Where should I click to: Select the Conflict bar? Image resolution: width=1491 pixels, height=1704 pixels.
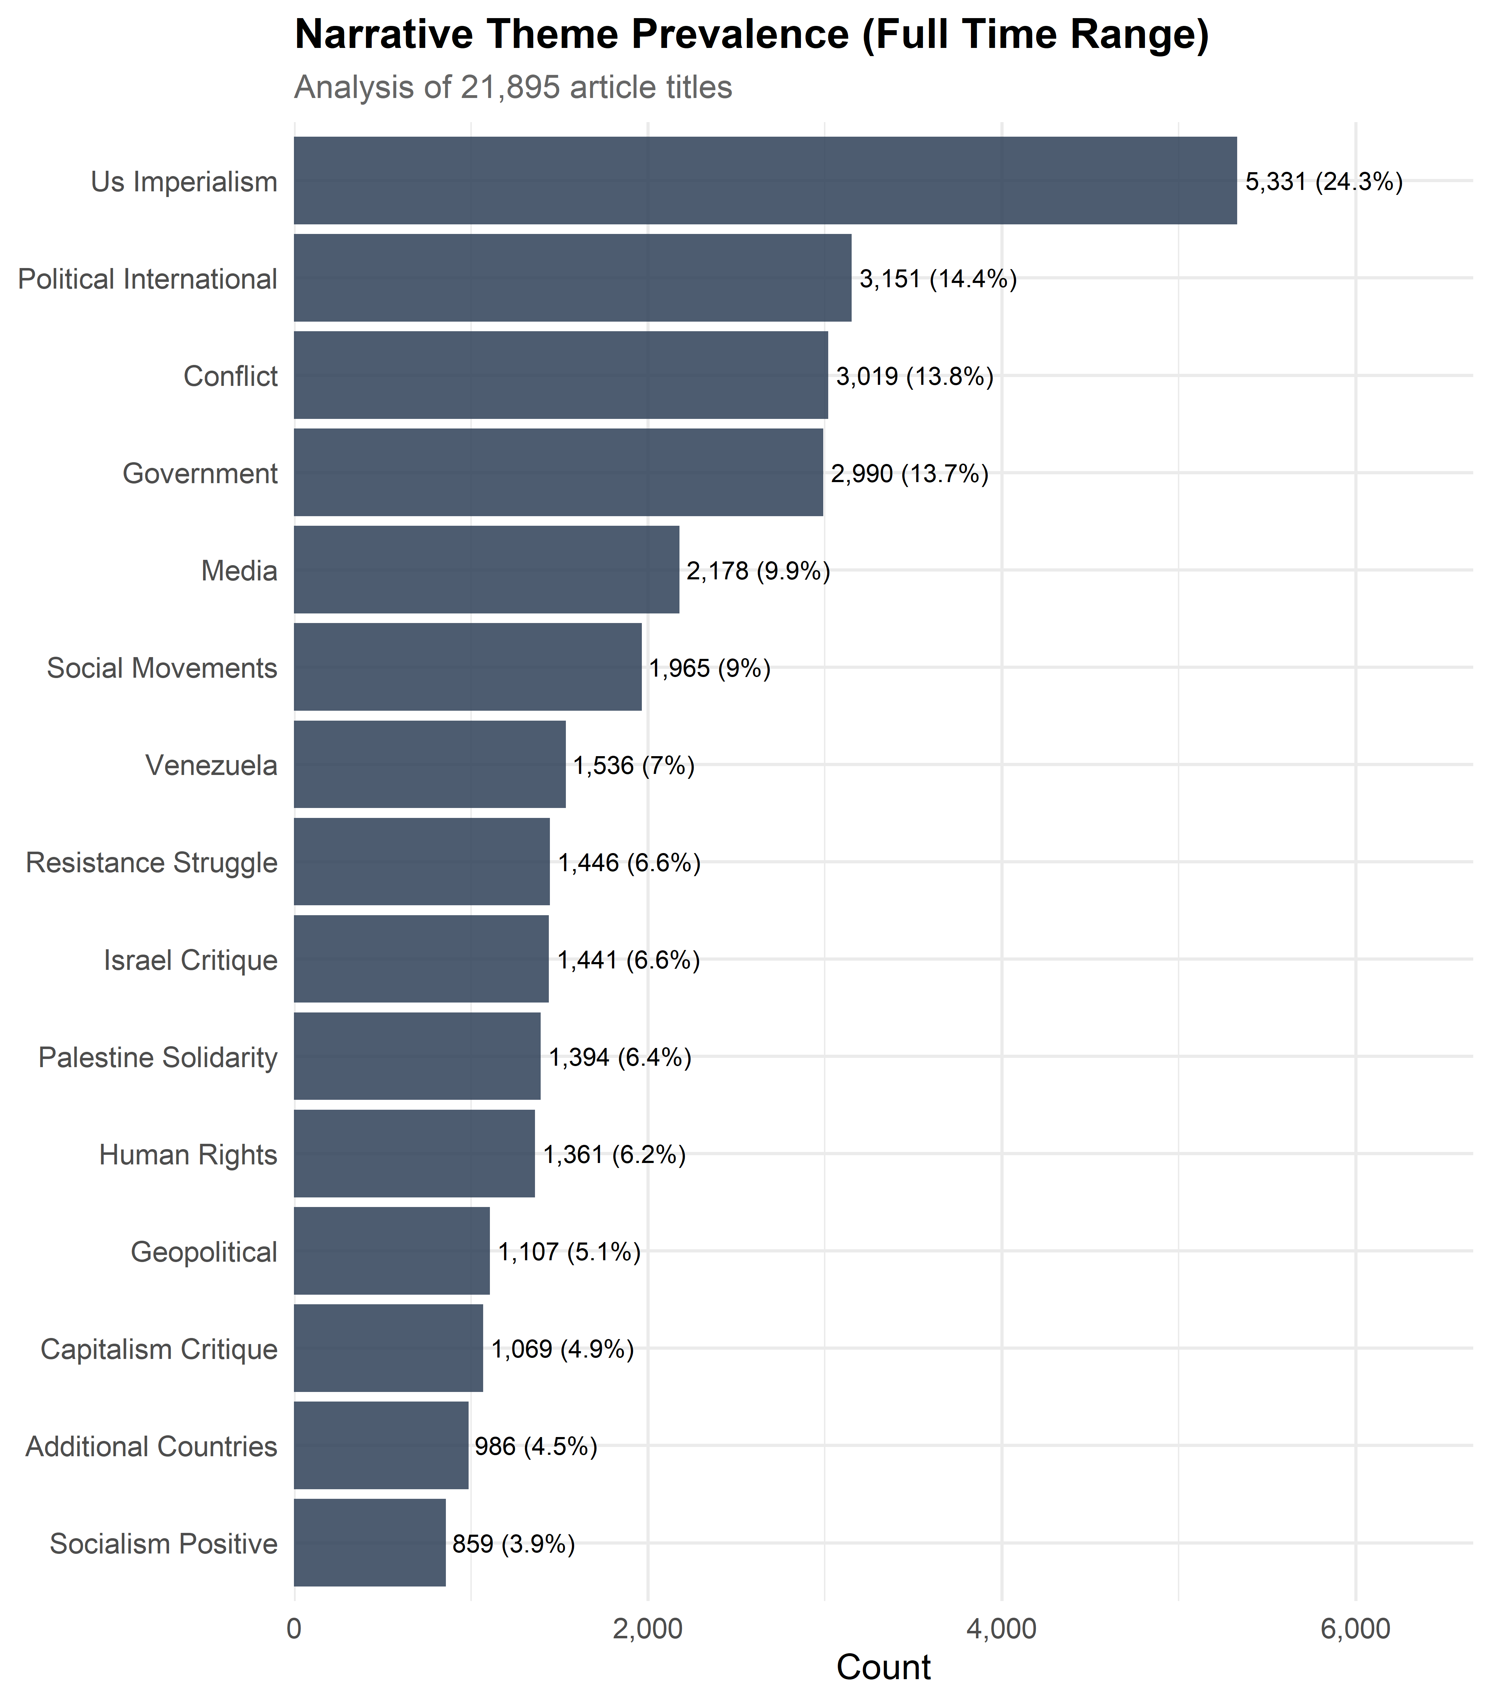click(561, 375)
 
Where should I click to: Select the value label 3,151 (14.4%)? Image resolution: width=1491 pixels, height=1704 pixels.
click(938, 279)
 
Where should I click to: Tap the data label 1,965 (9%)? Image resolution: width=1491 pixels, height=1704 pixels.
click(710, 668)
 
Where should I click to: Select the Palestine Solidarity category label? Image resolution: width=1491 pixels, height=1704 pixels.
click(158, 1058)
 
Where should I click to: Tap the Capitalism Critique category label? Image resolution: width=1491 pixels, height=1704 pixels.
click(159, 1349)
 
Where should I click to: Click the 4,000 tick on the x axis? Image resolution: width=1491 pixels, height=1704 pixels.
click(1002, 1628)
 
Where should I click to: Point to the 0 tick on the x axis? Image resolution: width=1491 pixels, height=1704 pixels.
click(294, 1628)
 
